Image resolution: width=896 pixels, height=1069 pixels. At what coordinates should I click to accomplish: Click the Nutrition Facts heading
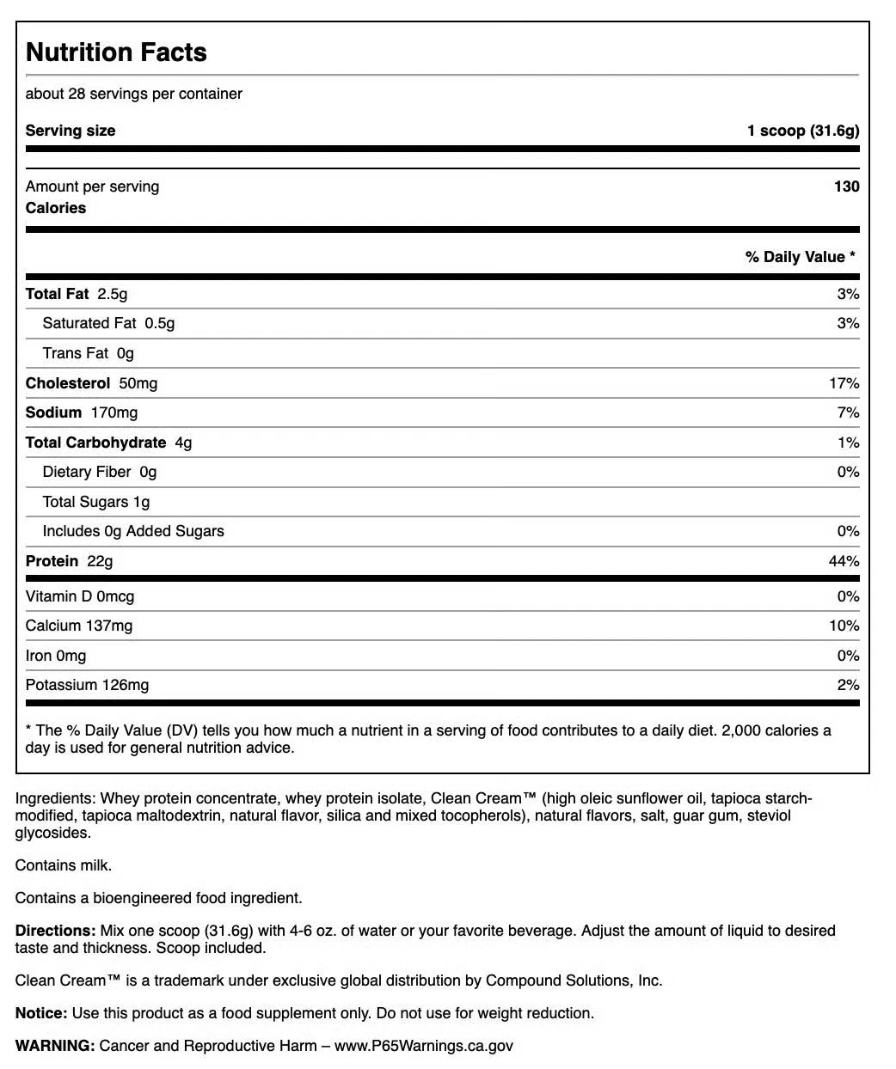(116, 52)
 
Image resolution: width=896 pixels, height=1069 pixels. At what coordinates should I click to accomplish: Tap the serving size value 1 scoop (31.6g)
(802, 131)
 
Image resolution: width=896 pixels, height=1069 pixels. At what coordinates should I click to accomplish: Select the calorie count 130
(846, 186)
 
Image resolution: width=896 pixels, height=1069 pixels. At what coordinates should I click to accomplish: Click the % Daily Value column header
(800, 257)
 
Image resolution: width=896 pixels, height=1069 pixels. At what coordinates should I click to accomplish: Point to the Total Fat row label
(57, 294)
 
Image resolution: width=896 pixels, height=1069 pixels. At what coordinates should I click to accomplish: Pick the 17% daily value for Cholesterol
(844, 383)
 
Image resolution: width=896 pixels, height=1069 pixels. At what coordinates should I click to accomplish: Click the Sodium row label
(53, 412)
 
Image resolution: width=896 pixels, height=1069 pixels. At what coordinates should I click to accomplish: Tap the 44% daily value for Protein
(844, 561)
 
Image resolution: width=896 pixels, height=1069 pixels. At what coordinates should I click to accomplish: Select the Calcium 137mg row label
(79, 626)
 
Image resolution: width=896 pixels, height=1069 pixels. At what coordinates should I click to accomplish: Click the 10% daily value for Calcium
(844, 626)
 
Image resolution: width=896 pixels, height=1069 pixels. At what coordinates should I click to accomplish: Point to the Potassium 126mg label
(87, 685)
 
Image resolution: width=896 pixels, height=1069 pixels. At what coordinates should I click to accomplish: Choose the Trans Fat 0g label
(88, 353)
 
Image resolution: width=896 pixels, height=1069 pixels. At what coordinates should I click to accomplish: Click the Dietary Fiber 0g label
(100, 472)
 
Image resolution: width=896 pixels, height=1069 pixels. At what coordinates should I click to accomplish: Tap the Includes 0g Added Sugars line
(133, 531)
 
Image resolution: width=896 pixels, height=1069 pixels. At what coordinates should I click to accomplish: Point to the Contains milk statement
(64, 865)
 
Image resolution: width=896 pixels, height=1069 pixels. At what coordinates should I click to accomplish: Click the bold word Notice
(40, 1013)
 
